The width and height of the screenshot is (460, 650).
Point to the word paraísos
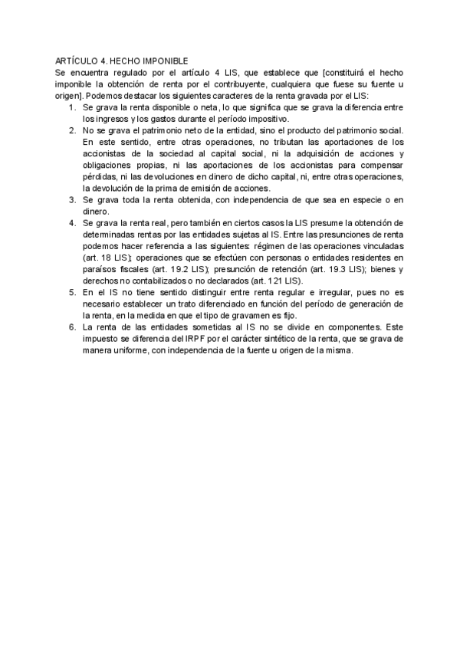(99, 270)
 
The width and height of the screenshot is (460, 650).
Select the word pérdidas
(99, 176)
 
